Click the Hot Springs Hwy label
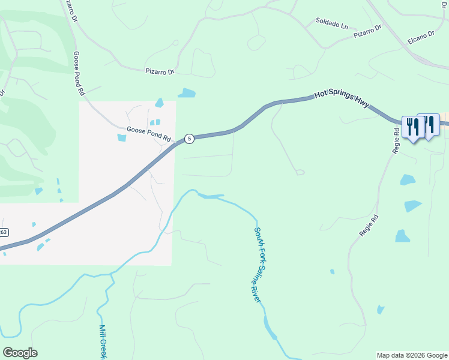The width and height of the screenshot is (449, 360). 342,100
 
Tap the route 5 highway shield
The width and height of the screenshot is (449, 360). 189,139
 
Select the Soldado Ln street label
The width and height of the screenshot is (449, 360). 332,25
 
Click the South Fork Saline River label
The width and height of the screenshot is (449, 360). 259,264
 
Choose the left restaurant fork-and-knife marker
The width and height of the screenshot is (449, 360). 412,127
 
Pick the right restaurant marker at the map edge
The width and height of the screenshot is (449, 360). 430,125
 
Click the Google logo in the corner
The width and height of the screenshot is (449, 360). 20,353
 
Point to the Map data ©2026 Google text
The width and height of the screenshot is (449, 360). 411,355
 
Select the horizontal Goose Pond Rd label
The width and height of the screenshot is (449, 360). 149,134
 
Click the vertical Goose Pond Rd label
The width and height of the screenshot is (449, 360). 78,73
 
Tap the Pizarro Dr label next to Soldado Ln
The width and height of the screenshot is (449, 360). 367,32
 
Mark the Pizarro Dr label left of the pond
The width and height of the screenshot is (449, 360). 159,71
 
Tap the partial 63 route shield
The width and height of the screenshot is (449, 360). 4,232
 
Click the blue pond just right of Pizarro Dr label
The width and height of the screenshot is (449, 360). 187,93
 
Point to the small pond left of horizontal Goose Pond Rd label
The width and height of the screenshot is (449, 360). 122,138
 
